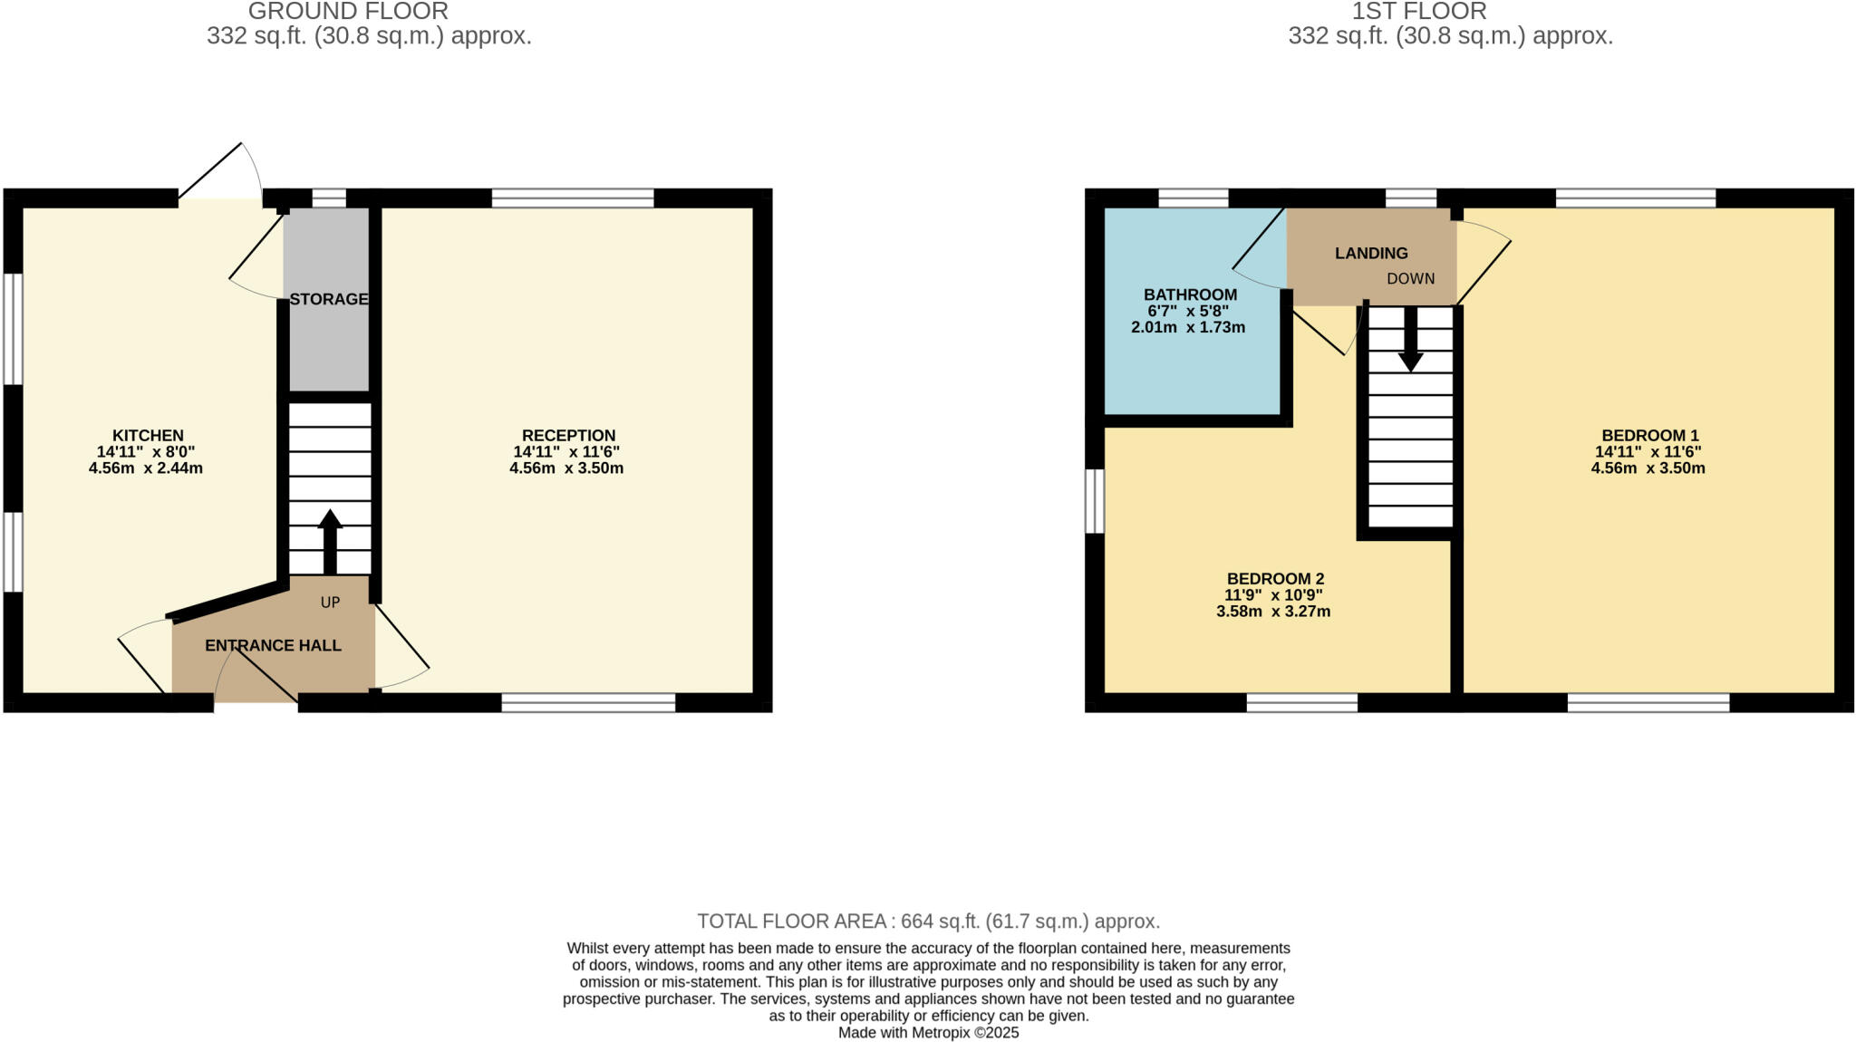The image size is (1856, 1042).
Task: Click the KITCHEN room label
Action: pyautogui.click(x=148, y=436)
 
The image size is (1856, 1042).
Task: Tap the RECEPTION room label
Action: pyautogui.click(x=568, y=436)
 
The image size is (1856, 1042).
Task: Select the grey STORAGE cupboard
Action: pyautogui.click(x=327, y=344)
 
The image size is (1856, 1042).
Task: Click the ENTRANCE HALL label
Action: pyautogui.click(x=273, y=646)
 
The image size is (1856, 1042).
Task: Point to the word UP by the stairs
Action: pyautogui.click(x=330, y=603)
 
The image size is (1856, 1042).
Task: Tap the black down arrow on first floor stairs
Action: pyautogui.click(x=1410, y=340)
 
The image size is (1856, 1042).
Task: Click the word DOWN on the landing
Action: pyautogui.click(x=1410, y=279)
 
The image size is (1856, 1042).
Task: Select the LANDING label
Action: pyautogui.click(x=1370, y=254)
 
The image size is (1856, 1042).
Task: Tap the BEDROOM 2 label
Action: pyautogui.click(x=1274, y=579)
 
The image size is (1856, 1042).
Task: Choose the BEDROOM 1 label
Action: pyautogui.click(x=1649, y=436)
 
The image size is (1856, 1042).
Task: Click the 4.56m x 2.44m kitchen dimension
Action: pyautogui.click(x=146, y=468)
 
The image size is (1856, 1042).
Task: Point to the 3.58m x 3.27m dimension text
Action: pyautogui.click(x=1273, y=612)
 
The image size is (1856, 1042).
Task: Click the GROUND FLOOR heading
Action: pyautogui.click(x=348, y=12)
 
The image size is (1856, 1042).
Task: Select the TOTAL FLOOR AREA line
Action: pyautogui.click(x=928, y=921)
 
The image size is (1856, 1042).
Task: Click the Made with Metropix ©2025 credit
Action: pyautogui.click(x=928, y=1033)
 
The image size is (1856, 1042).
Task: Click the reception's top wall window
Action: pyautogui.click(x=573, y=198)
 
